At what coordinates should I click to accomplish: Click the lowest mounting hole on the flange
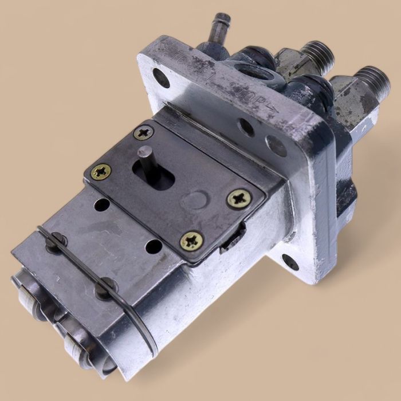pos(290,262)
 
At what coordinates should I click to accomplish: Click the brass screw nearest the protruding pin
pos(144,133)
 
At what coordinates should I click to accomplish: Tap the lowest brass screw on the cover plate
pos(191,241)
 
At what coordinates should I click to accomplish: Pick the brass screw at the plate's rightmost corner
pos(238,199)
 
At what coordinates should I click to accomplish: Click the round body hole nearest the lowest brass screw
pos(154,247)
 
